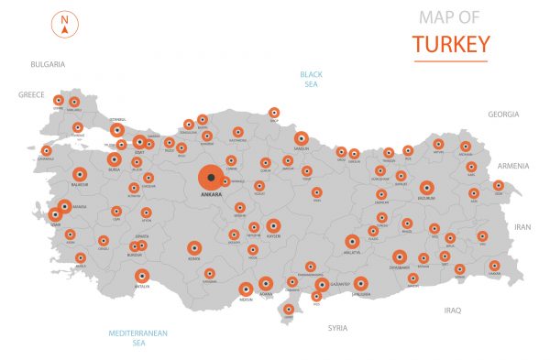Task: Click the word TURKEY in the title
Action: pyautogui.click(x=450, y=43)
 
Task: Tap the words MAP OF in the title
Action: pyautogui.click(x=449, y=16)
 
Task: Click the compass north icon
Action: pyautogui.click(x=66, y=24)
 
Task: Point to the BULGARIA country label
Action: pyautogui.click(x=48, y=64)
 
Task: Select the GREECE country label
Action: pyautogui.click(x=31, y=94)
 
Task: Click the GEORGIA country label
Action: pyautogui.click(x=503, y=115)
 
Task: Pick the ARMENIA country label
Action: pyautogui.click(x=512, y=166)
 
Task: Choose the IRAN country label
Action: pyautogui.click(x=522, y=226)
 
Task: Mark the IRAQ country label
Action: pyautogui.click(x=453, y=310)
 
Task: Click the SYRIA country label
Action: pyautogui.click(x=338, y=327)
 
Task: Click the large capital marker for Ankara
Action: pyautogui.click(x=211, y=176)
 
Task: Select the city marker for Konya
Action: pyautogui.click(x=194, y=247)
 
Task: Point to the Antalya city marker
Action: pyautogui.click(x=141, y=275)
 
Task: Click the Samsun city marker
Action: pyautogui.click(x=300, y=139)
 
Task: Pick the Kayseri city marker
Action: pyautogui.click(x=273, y=224)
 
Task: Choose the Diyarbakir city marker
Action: pyautogui.click(x=399, y=257)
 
